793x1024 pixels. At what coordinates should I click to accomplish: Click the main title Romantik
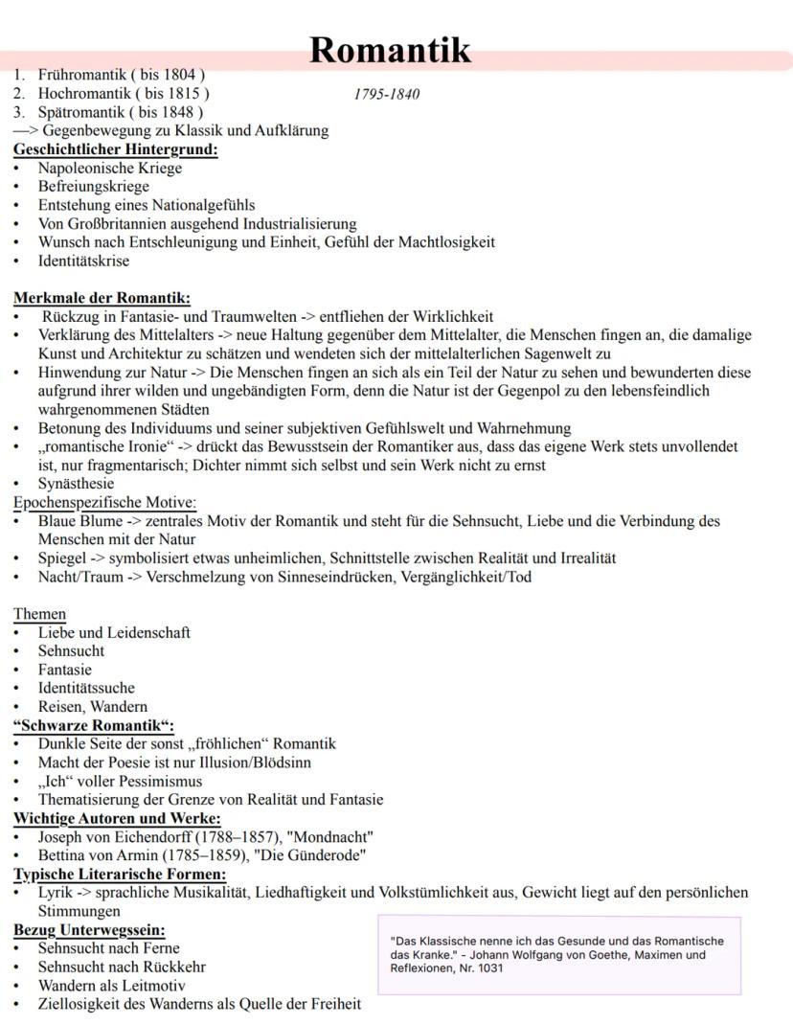point(391,50)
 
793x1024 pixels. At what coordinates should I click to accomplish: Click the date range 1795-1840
point(386,94)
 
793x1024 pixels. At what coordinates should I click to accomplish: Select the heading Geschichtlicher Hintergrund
point(115,149)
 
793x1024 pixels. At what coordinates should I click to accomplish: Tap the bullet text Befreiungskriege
point(94,187)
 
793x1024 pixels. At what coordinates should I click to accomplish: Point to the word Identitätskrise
point(83,261)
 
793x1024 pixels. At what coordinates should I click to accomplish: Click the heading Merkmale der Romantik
point(102,298)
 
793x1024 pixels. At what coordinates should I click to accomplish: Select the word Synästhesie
point(76,484)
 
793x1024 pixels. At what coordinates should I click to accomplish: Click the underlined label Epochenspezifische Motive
point(104,502)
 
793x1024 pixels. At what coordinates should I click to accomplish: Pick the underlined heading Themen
point(39,614)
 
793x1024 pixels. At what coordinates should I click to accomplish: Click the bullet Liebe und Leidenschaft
point(114,632)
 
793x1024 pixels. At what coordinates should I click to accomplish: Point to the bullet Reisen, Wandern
point(93,706)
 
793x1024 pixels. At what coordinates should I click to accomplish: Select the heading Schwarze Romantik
point(94,725)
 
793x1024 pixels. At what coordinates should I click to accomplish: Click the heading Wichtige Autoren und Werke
point(117,818)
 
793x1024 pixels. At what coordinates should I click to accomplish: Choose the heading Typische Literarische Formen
point(120,874)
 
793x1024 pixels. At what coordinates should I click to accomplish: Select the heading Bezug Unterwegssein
point(89,930)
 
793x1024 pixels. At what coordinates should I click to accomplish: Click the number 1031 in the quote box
point(489,968)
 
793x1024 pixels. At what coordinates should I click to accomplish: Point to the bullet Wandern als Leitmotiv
point(111,986)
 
